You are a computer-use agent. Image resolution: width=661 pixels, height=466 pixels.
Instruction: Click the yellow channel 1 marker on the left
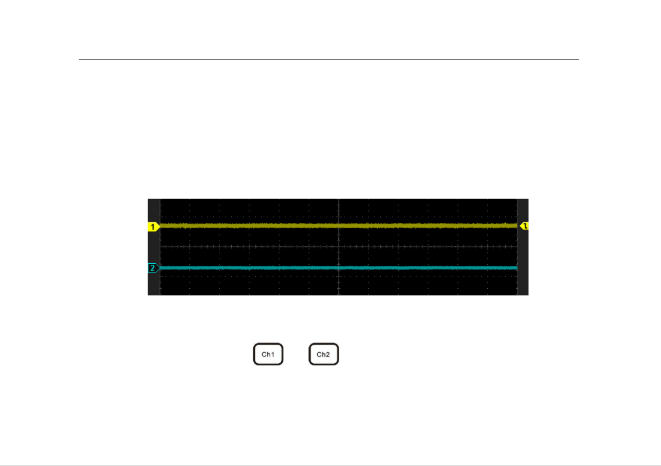(153, 227)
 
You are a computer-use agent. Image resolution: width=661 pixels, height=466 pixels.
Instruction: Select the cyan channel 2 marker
(153, 268)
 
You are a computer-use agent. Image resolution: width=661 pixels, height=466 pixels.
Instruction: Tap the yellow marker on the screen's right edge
(524, 226)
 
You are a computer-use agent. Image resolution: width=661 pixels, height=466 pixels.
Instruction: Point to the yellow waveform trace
(338, 226)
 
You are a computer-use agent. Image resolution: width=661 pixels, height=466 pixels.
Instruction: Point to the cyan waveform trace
(338, 268)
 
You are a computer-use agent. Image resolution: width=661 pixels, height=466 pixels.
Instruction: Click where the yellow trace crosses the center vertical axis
(338, 226)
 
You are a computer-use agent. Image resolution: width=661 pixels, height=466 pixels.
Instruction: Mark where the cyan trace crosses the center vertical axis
(338, 268)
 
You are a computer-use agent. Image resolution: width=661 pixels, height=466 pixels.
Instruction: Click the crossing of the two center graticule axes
(338, 246)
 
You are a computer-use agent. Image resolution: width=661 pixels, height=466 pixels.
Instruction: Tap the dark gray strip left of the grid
(154, 247)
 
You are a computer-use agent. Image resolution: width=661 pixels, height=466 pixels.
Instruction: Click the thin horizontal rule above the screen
(329, 60)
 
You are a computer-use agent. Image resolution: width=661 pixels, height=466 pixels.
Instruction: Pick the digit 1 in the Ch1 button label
(273, 354)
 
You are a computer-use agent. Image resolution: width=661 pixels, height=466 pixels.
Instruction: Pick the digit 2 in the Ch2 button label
(327, 354)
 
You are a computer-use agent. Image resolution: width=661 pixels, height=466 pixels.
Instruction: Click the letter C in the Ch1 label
(264, 354)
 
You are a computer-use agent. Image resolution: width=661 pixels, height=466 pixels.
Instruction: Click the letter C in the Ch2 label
(319, 354)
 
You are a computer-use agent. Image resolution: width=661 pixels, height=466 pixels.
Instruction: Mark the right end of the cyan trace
(517, 268)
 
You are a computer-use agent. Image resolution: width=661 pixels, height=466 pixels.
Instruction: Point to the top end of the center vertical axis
(338, 199)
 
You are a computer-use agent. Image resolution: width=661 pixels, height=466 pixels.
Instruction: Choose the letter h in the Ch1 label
(268, 354)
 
